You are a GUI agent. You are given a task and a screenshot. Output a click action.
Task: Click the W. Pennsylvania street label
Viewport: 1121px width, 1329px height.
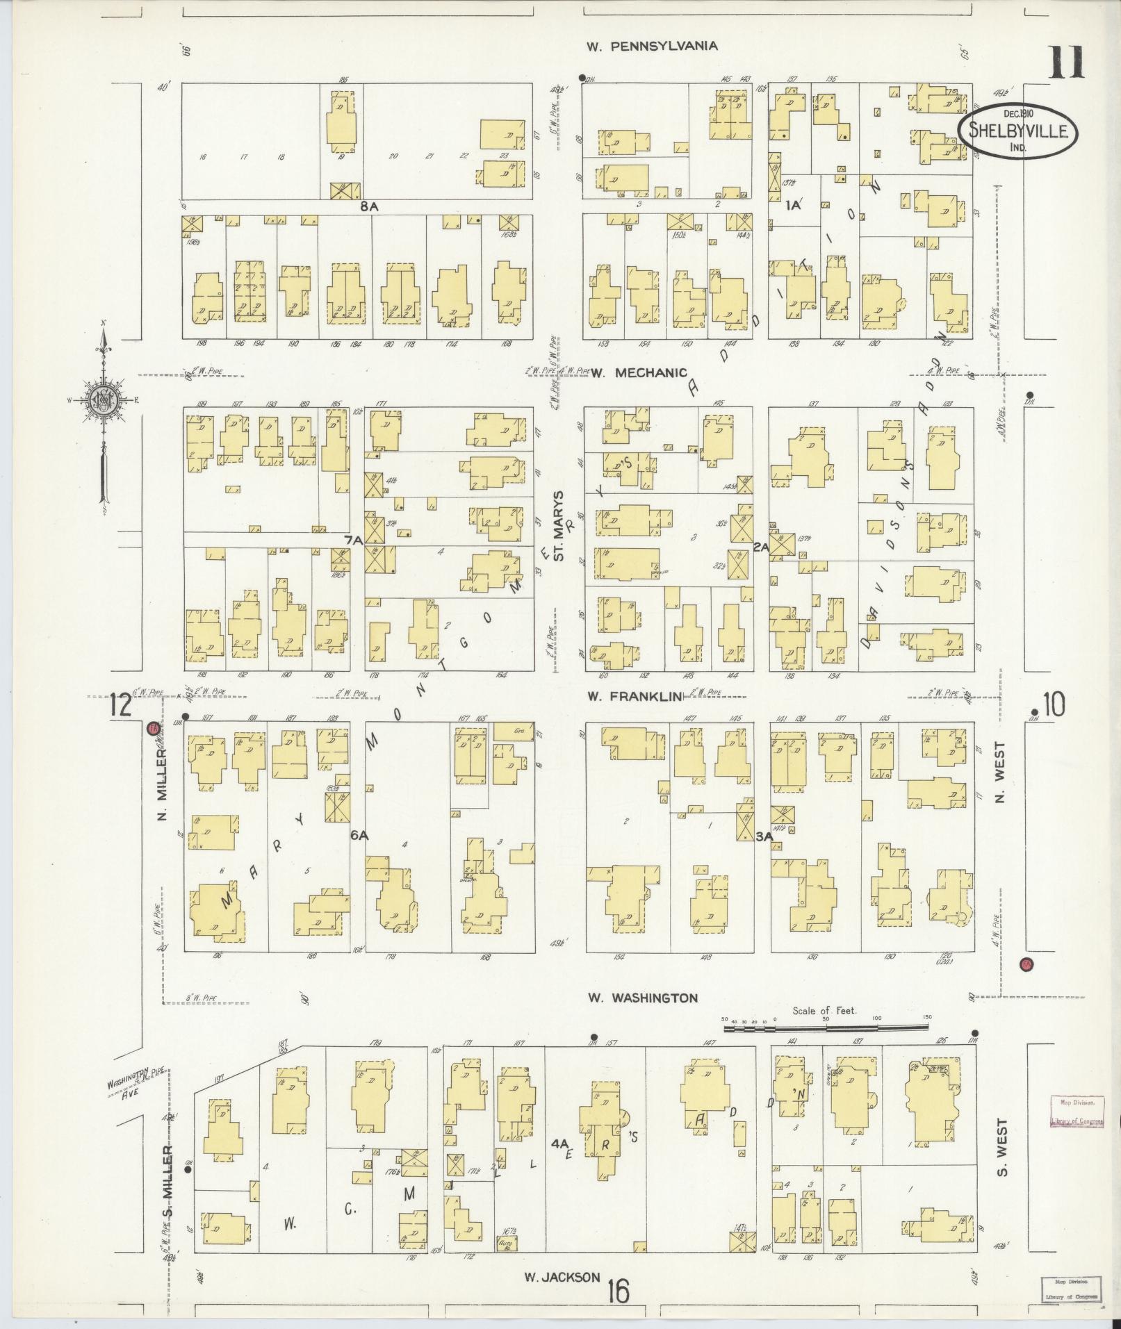(651, 47)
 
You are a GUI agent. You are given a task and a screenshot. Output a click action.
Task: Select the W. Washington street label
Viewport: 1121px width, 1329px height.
(642, 998)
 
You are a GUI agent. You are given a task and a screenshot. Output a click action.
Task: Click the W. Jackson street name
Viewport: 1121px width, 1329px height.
(562, 1277)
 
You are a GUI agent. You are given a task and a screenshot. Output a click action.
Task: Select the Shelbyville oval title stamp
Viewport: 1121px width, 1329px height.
(1018, 130)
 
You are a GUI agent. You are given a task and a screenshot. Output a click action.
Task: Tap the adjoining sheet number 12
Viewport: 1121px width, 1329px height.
(120, 707)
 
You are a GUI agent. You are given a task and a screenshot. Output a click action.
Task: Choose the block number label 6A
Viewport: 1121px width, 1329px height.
(359, 836)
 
